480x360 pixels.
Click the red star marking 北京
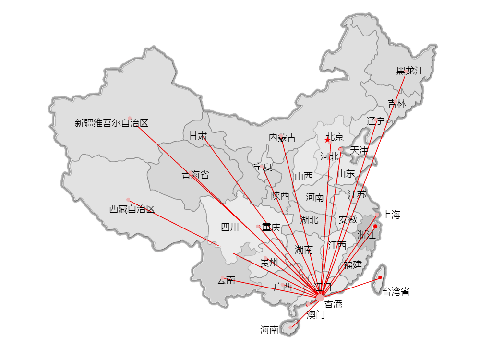tap(327, 140)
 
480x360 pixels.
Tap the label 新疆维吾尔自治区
tap(111, 123)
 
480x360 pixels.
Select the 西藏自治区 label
tap(132, 209)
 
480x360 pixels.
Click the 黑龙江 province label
tap(410, 71)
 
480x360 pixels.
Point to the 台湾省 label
tap(396, 291)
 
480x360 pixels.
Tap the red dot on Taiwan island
tap(380, 277)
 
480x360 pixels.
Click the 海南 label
tap(269, 330)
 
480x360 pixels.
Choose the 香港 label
tap(333, 304)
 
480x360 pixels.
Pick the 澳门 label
tap(316, 315)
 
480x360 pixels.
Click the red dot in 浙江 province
tap(375, 226)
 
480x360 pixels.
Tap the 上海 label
tap(392, 215)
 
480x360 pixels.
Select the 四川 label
tap(230, 228)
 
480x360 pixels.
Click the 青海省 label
tap(195, 175)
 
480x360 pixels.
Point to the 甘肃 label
tap(197, 136)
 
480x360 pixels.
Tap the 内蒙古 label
tap(282, 138)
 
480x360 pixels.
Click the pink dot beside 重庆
tap(258, 226)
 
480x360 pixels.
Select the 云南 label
tap(226, 280)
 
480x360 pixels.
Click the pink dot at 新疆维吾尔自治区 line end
tap(130, 118)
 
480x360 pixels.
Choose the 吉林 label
tap(397, 103)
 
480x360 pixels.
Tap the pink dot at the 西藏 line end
tap(128, 200)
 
